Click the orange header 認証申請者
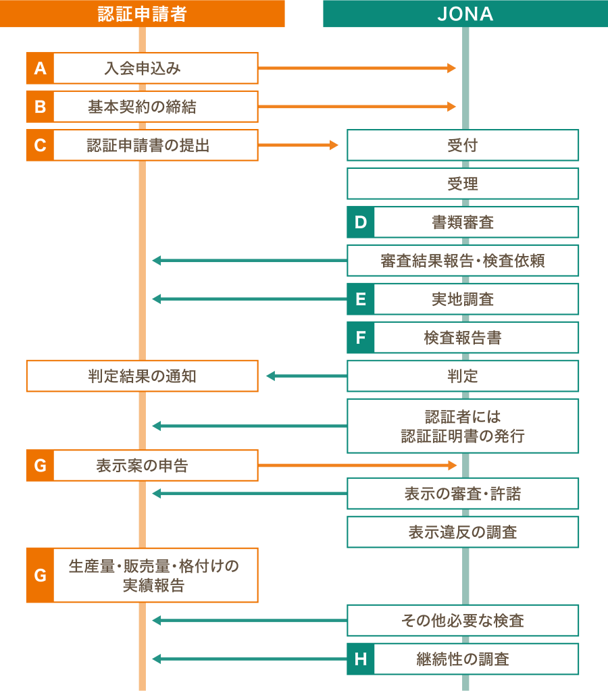[142, 14]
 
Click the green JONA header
[465, 14]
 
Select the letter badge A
[40, 68]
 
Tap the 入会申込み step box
[155, 68]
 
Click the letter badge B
[40, 107]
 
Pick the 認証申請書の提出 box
[155, 145]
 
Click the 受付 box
[463, 145]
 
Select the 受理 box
[463, 184]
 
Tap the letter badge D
[361, 222]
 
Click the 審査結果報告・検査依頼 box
[463, 261]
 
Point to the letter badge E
[361, 299]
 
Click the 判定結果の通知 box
[142, 376]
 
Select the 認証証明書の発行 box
[463, 426]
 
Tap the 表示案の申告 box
[155, 465]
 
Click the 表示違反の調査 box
[463, 532]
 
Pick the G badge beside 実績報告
[40, 575]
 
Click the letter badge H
[361, 659]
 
